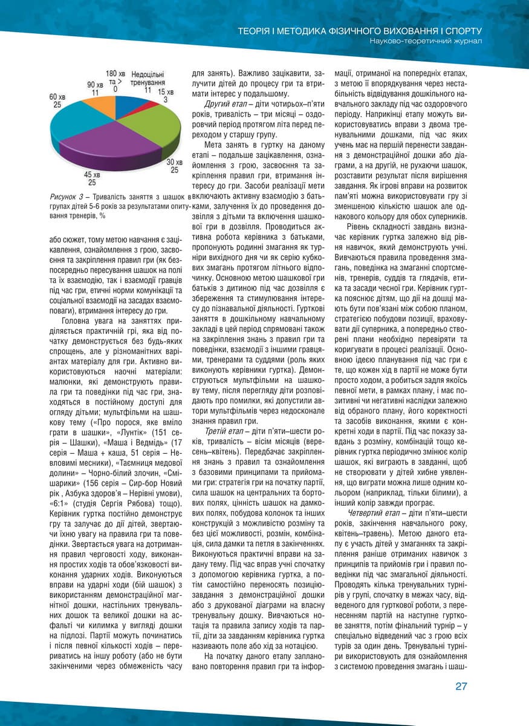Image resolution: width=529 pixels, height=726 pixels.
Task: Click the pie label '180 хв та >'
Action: tap(115, 77)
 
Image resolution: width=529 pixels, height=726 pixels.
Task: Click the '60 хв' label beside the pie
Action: tap(57, 97)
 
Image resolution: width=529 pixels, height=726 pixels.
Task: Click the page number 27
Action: tap(462, 685)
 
